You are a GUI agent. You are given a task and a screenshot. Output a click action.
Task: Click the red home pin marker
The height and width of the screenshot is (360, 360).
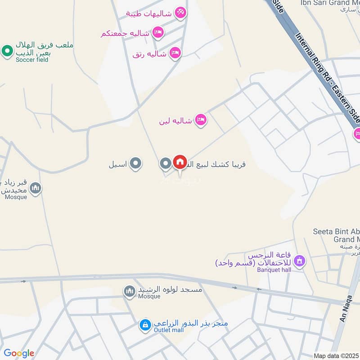(180, 162)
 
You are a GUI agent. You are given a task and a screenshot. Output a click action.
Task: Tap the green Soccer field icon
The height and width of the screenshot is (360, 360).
(7, 51)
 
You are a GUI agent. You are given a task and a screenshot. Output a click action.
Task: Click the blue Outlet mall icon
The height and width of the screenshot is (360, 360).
(145, 324)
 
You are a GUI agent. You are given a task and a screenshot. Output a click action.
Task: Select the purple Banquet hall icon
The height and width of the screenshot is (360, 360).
(299, 261)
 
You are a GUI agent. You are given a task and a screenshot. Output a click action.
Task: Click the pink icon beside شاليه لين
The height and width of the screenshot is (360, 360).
(201, 120)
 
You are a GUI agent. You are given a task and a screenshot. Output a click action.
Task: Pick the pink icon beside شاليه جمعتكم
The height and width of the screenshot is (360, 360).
(157, 32)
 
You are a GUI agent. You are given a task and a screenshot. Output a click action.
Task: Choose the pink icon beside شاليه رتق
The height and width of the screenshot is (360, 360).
(175, 54)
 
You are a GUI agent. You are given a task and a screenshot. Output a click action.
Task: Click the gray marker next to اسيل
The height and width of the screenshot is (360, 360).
(135, 164)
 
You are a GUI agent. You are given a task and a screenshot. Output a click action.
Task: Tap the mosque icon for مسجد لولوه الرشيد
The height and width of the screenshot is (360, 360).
(130, 292)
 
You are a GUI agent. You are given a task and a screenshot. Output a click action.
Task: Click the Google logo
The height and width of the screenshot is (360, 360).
(19, 353)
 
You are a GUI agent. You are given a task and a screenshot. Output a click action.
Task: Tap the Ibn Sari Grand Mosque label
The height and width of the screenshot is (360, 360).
(331, 3)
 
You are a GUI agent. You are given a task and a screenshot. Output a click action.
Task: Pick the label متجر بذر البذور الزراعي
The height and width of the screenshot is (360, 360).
(191, 324)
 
